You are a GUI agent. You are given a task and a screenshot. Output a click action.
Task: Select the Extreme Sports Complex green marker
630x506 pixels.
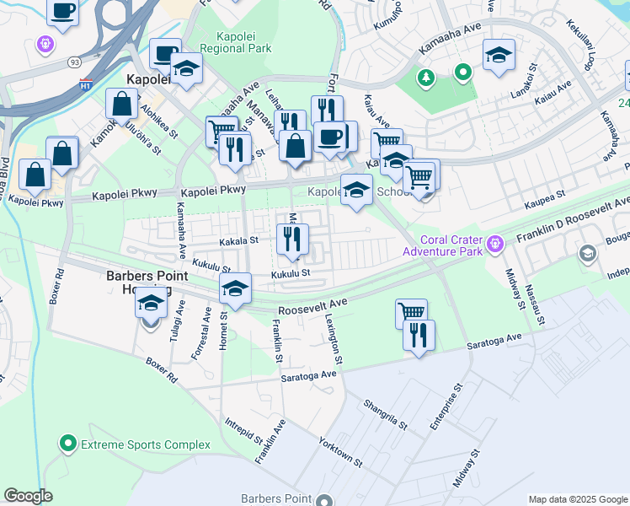(67, 443)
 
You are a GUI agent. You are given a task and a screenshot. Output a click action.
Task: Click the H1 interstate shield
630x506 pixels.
(86, 83)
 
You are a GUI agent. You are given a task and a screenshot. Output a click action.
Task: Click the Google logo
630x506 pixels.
(29, 495)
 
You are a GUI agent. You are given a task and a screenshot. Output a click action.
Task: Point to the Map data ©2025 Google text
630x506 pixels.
(577, 499)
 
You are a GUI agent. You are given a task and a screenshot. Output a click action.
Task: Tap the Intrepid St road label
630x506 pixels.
(248, 433)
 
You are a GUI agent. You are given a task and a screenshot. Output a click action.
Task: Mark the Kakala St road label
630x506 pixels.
(238, 241)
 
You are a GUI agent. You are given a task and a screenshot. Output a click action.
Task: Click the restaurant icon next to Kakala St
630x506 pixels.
(291, 239)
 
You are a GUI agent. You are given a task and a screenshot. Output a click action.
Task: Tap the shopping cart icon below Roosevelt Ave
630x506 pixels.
(411, 313)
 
